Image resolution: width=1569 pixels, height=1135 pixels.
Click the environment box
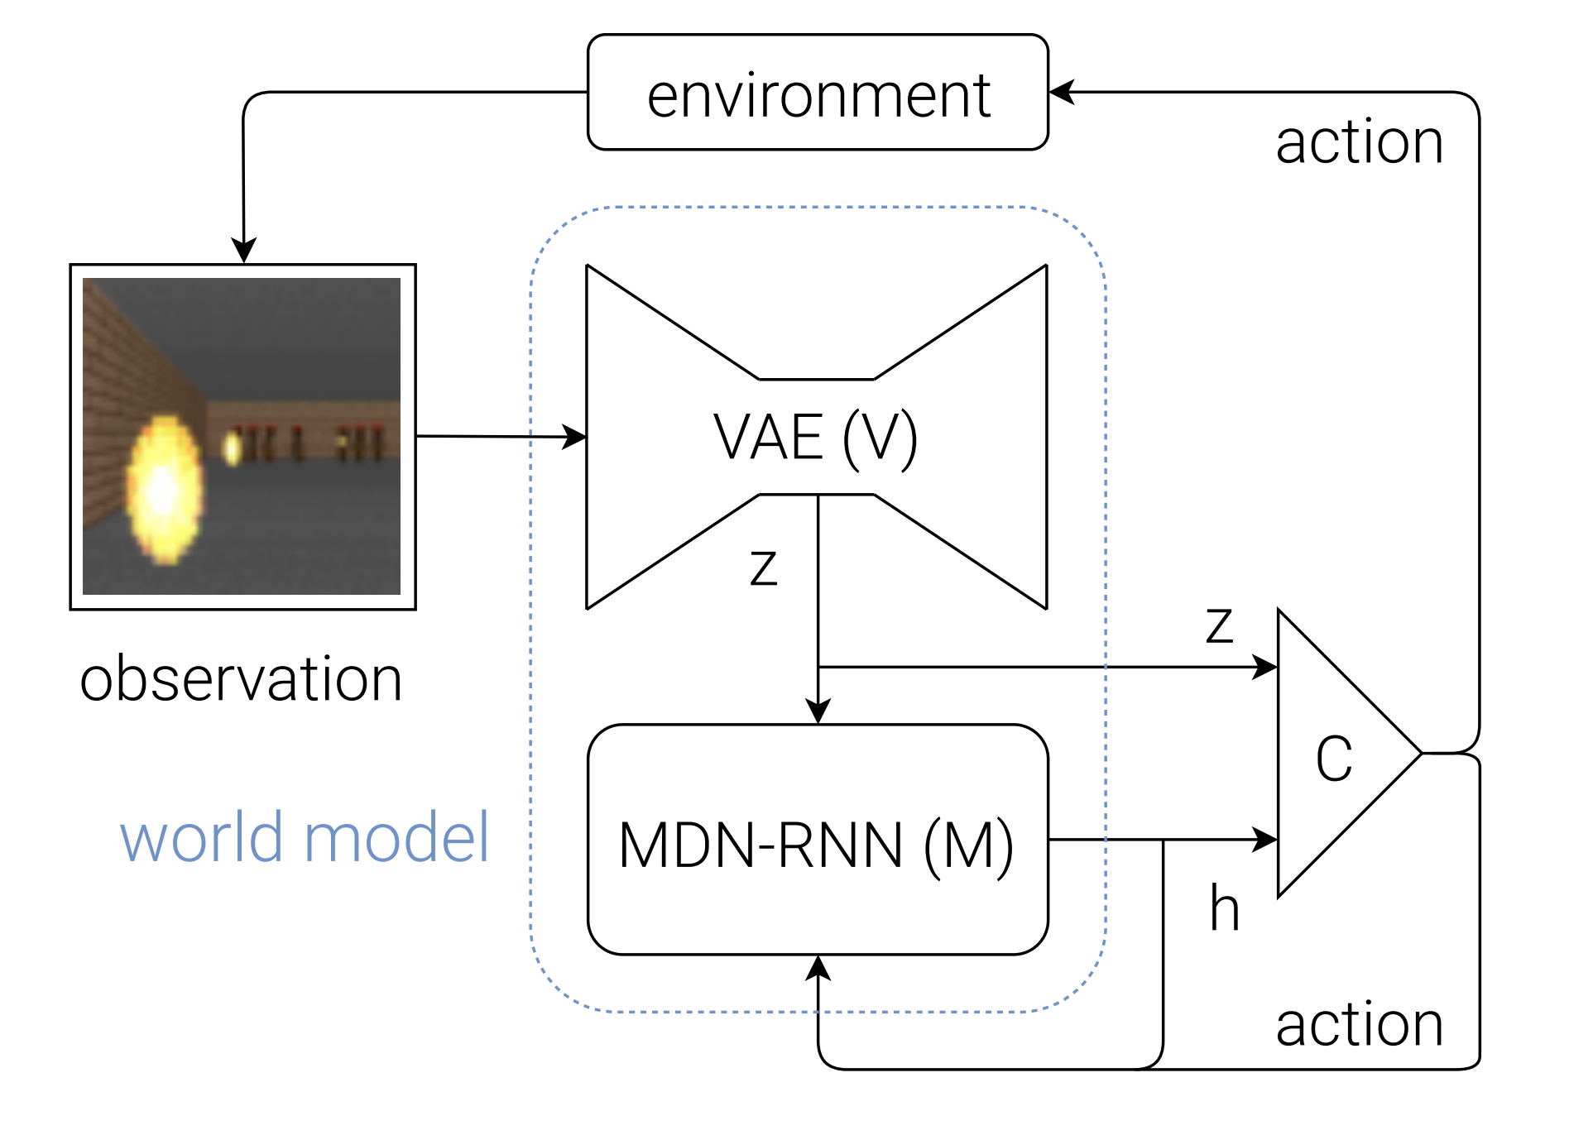(818, 93)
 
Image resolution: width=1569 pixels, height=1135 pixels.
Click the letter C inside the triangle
(1334, 758)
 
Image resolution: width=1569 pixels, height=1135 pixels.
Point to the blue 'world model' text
(305, 837)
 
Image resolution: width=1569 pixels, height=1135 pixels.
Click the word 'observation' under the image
(241, 679)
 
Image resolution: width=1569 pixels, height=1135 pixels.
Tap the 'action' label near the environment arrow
(1360, 141)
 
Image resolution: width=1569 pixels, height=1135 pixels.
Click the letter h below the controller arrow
(1225, 908)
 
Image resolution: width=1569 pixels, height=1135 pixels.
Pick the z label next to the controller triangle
(1220, 625)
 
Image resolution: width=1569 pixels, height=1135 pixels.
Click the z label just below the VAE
(764, 567)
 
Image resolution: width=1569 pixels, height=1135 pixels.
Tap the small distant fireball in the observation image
(233, 448)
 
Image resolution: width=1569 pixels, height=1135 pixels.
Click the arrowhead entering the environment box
(1061, 92)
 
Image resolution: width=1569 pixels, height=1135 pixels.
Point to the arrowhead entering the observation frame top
(243, 251)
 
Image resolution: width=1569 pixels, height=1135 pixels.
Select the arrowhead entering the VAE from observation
(574, 437)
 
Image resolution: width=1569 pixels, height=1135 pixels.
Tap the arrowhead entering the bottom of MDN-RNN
(818, 968)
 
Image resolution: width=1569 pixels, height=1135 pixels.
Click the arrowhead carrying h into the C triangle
(1264, 840)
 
